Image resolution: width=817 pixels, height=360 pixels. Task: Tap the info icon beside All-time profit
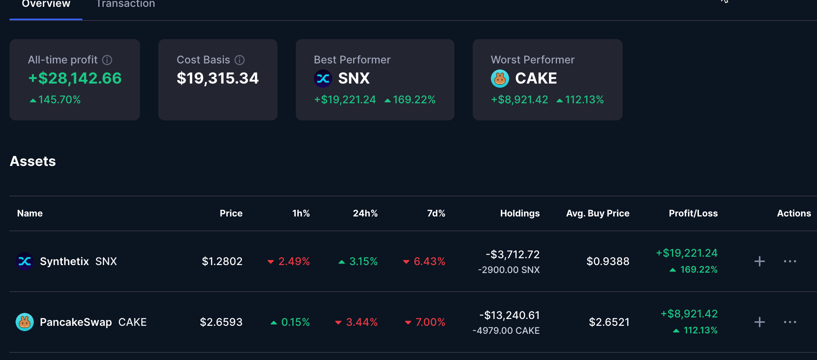107,60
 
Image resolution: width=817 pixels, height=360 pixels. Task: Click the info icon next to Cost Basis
240,60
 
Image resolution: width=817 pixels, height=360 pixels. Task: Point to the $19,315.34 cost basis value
218,78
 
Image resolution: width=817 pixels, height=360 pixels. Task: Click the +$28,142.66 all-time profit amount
75,78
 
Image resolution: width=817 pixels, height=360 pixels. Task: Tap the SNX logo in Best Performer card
323,79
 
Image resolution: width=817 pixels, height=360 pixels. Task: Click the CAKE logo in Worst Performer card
500,79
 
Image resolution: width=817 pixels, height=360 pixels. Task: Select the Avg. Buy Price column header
598,213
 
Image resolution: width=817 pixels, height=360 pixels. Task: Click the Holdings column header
520,213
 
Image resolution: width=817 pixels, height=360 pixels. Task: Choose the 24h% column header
365,213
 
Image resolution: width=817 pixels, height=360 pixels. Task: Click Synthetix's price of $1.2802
222,261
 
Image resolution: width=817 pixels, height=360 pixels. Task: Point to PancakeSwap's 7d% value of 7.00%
430,322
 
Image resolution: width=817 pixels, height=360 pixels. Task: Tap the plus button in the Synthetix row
759,261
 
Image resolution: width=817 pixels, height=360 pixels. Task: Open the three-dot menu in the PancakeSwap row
790,322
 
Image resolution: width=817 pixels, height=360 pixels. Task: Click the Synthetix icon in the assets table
25,261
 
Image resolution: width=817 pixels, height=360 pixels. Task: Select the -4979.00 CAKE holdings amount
506,331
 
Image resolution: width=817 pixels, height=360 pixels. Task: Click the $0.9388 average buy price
608,261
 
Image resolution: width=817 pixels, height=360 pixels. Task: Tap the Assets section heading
33,161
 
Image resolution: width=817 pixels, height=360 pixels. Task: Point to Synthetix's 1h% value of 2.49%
294,261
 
